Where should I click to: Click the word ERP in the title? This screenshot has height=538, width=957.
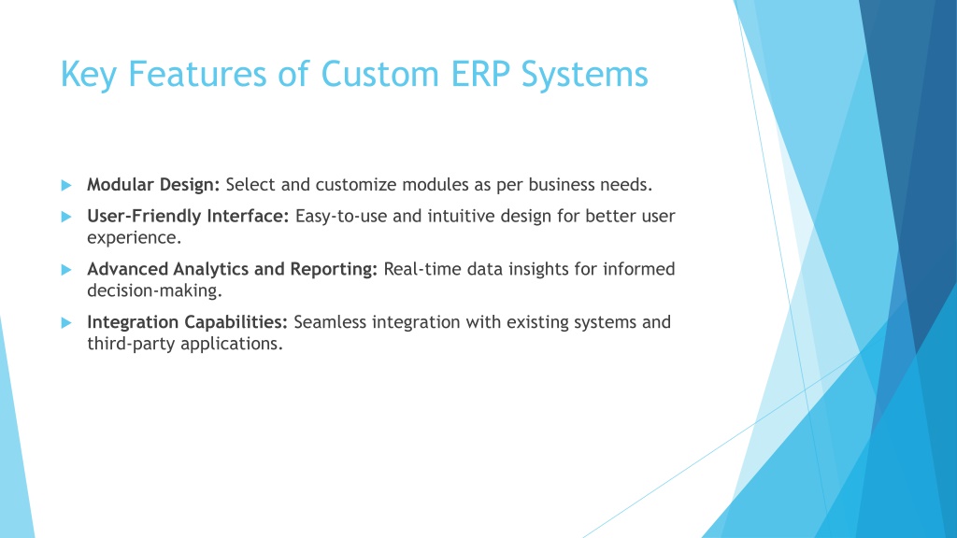(x=479, y=74)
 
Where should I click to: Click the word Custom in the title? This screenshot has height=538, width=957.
(x=379, y=74)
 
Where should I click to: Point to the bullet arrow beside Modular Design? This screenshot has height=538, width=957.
(x=66, y=185)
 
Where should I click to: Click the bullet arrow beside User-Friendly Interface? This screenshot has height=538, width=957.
(x=66, y=217)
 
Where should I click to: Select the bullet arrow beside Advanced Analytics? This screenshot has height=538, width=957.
(x=66, y=270)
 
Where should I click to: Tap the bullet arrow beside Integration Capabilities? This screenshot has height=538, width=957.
(x=66, y=322)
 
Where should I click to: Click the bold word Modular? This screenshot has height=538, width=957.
(x=120, y=184)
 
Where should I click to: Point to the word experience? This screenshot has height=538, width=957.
(x=135, y=238)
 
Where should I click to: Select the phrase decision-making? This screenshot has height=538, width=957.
(x=154, y=291)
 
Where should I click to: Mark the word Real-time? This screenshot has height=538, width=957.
(x=422, y=269)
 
